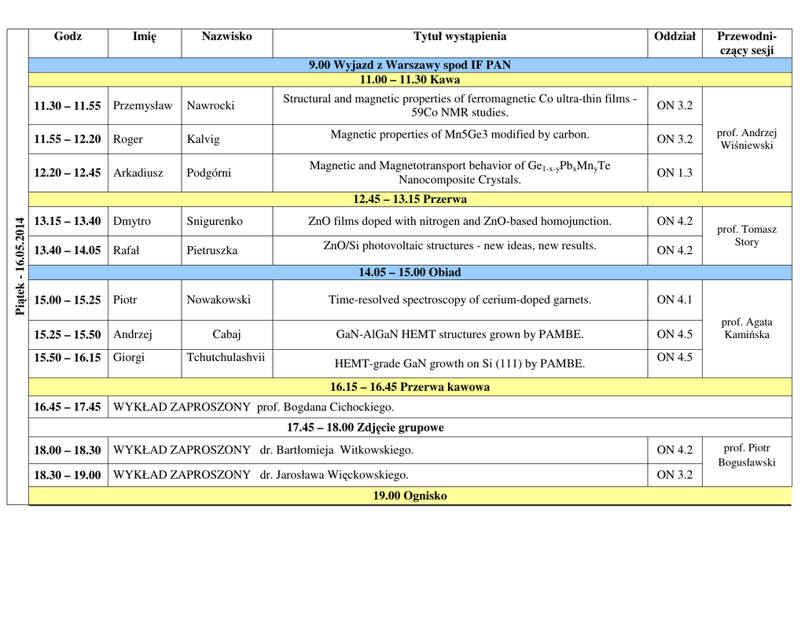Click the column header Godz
point(68,37)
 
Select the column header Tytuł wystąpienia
point(460,37)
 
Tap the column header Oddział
point(675,37)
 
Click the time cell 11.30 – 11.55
point(68,105)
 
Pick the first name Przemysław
point(142,105)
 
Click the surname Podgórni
point(208,173)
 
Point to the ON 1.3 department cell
point(675,173)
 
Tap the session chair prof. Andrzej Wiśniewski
point(747,139)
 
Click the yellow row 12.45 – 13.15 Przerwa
point(410,199)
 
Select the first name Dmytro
point(132,222)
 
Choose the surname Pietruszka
point(211,251)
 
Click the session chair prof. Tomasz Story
point(747,236)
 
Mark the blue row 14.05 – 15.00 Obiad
point(410,273)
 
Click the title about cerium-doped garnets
point(460,300)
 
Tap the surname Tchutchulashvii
point(226,358)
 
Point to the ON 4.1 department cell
point(675,300)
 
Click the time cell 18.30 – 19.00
point(68,475)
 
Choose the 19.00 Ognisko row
point(410,496)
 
